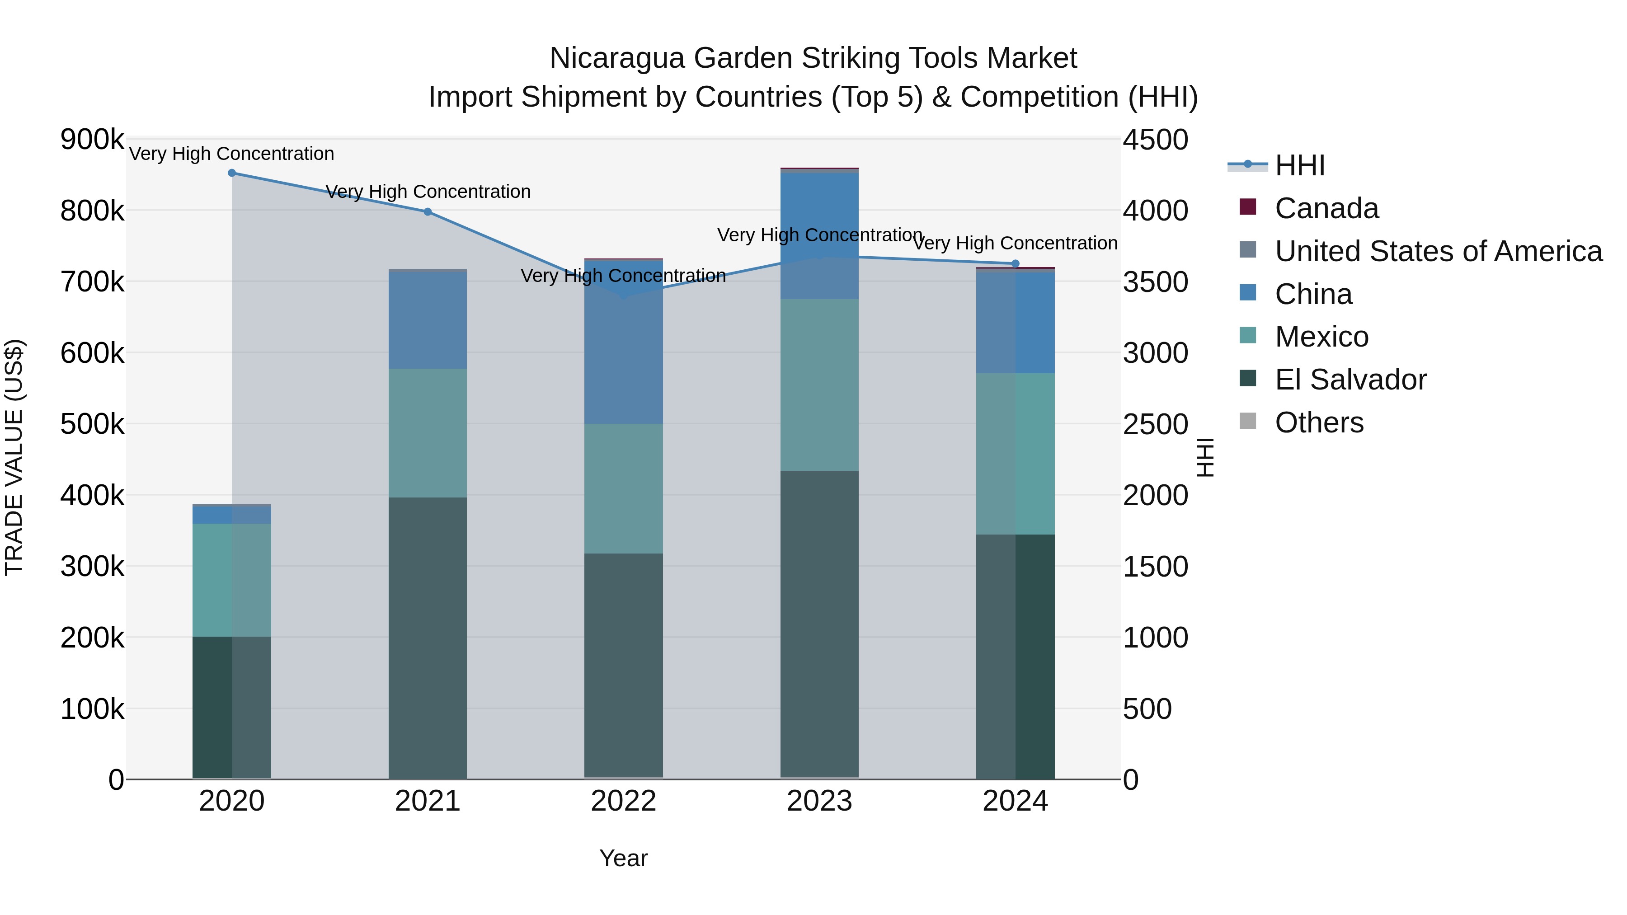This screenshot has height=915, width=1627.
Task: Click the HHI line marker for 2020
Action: [232, 173]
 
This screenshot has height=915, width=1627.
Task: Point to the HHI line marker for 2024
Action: [1015, 264]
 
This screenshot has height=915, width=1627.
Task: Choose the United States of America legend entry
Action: [1438, 251]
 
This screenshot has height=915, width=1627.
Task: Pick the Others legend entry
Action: [1319, 422]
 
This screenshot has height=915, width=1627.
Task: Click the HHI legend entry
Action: [1299, 165]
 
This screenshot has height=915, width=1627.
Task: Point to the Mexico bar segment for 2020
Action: [232, 580]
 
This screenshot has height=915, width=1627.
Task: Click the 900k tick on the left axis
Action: [92, 140]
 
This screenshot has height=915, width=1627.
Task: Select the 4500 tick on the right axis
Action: [1155, 140]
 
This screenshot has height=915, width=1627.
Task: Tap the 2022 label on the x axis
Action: [623, 801]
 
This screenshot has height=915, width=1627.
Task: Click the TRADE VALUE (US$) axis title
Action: [14, 457]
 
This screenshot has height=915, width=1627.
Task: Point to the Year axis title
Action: [623, 858]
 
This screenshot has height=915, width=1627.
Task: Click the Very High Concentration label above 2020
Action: [232, 154]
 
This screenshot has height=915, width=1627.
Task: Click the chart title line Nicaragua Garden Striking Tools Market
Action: [813, 58]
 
